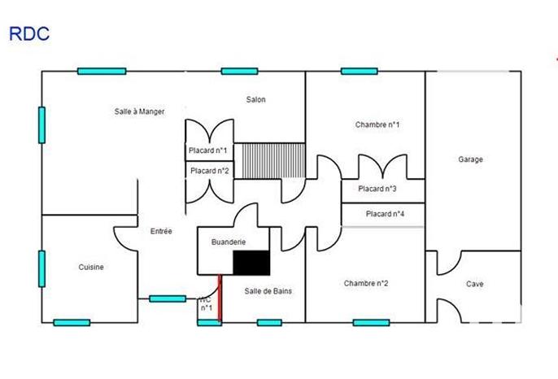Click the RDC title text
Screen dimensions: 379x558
(28, 33)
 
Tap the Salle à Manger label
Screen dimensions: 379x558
(139, 111)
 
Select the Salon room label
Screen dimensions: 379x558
(256, 99)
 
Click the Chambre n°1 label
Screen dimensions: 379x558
(377, 124)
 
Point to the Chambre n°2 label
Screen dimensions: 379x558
(366, 283)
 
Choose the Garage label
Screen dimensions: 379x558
(470, 159)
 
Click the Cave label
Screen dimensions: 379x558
(474, 284)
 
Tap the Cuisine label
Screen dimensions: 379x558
(91, 267)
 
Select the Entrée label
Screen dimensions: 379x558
(161, 231)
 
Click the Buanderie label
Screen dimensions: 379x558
(229, 242)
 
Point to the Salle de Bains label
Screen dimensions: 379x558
(268, 290)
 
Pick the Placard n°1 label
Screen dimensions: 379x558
(208, 150)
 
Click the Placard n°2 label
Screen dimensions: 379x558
(209, 171)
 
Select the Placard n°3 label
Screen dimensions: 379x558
(377, 189)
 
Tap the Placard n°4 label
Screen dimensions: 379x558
(385, 214)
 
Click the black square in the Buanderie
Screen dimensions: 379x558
(251, 263)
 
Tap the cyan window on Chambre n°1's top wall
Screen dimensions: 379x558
(359, 71)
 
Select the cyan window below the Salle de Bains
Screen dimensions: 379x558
(269, 323)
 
